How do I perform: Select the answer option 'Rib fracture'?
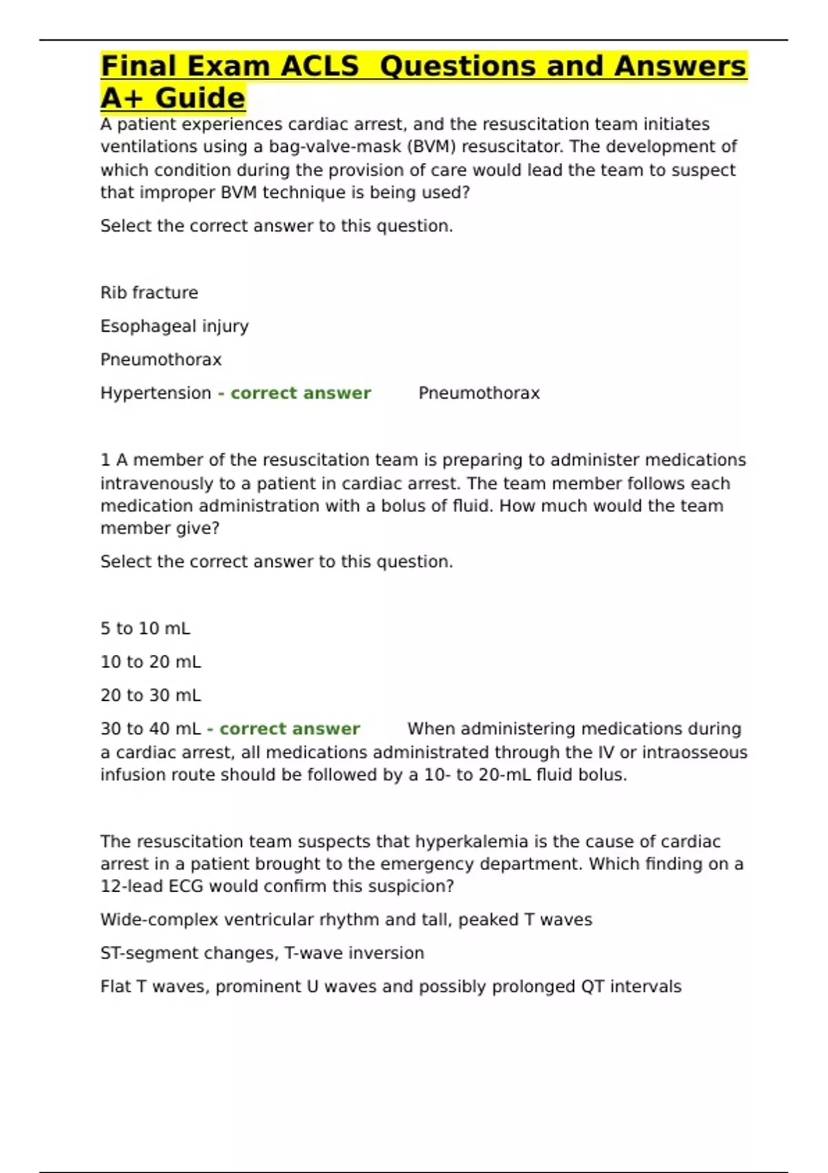coord(149,293)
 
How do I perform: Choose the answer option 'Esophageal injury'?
coord(175,326)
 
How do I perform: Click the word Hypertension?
coord(156,393)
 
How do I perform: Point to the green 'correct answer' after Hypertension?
coord(300,393)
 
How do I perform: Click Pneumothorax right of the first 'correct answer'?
coord(479,393)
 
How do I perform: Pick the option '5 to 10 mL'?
coord(145,629)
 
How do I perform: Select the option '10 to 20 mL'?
coord(150,662)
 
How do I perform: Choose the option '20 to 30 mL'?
coord(150,696)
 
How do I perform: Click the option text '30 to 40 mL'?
coord(150,729)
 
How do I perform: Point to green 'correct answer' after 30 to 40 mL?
coord(289,729)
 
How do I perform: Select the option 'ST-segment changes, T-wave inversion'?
coord(262,954)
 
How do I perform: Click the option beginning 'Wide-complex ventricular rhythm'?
coord(346,920)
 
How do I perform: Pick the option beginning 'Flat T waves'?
coord(391,987)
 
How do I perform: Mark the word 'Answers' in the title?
coord(680,67)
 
